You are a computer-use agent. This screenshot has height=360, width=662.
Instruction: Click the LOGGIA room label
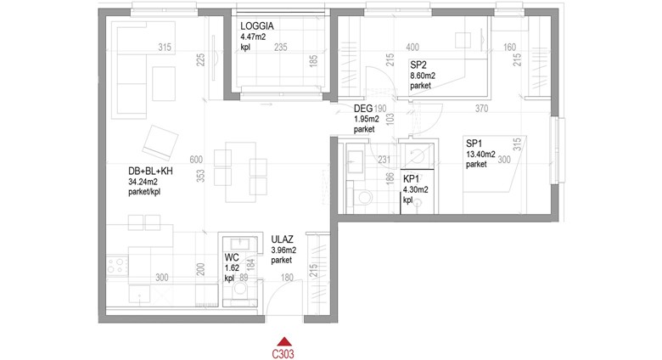pos(257,26)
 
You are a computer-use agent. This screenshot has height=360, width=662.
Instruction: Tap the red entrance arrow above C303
pos(285,341)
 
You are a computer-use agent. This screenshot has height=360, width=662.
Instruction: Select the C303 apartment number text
pos(283,354)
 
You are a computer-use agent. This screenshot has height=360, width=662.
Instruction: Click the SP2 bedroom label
pos(418,65)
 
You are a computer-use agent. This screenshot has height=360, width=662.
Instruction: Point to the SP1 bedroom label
pos(474,143)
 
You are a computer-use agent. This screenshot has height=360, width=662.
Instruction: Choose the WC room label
pos(232,257)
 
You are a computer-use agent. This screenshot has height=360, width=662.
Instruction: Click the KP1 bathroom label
pos(412,179)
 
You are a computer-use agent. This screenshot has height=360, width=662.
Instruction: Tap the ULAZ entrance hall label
pos(282,239)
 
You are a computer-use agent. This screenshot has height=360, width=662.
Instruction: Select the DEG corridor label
pos(363,109)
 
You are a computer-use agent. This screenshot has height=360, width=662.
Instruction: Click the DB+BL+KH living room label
pos(150,172)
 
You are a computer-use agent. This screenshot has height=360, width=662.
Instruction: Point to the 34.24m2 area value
pos(143,182)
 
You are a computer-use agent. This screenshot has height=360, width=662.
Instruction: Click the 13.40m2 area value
pos(480,155)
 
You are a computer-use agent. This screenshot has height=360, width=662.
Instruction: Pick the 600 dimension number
pos(196,160)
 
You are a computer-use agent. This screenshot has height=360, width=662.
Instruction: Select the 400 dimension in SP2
pos(412,48)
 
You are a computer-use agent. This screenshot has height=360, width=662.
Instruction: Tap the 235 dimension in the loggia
pos(281,48)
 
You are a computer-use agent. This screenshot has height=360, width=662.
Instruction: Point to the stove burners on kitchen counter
pos(117,266)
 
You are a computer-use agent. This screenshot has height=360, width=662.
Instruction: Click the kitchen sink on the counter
pos(139,295)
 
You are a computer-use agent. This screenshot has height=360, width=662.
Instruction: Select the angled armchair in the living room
pos(160,143)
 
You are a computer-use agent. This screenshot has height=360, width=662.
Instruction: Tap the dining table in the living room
pos(240,172)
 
